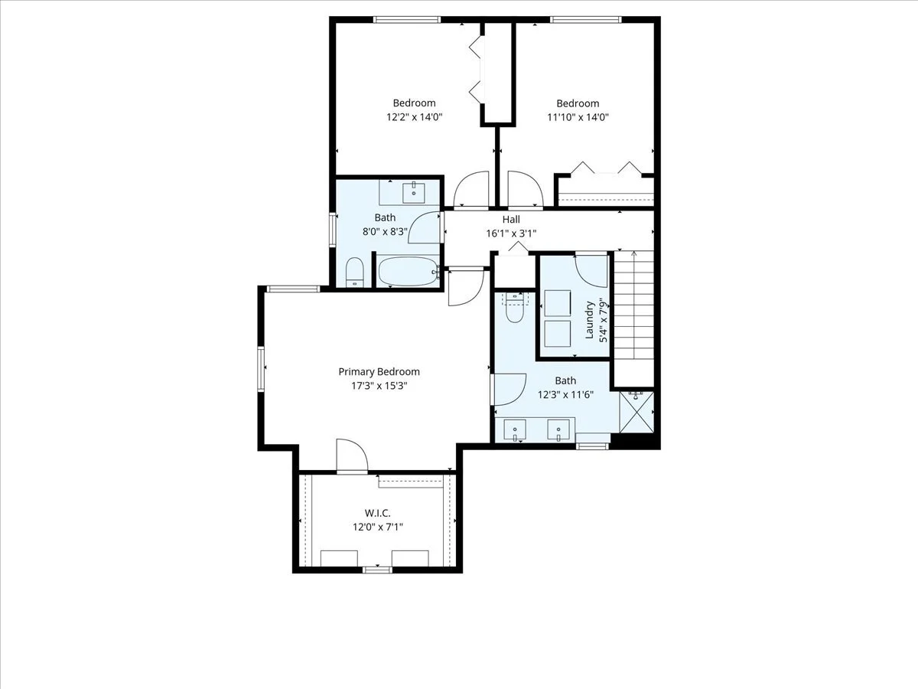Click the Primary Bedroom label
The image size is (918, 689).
[379, 371]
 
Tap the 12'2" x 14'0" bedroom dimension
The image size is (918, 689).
[414, 116]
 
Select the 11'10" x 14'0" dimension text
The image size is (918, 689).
[578, 117]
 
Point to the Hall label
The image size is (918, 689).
[511, 219]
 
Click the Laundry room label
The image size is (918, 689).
[589, 320]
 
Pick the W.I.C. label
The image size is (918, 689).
[378, 513]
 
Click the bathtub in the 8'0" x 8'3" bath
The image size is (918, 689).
[409, 272]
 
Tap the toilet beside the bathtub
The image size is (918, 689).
[355, 272]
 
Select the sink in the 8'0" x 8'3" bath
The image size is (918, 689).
[414, 193]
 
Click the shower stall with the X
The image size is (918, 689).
[636, 412]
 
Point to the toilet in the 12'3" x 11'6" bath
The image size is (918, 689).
[514, 308]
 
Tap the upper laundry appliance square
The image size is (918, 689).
[558, 303]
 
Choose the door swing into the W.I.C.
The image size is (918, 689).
[352, 456]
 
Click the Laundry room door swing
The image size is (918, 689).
[591, 271]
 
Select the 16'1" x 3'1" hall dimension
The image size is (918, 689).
[511, 233]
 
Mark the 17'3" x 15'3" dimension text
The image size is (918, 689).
[379, 385]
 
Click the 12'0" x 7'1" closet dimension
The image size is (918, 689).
[378, 527]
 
